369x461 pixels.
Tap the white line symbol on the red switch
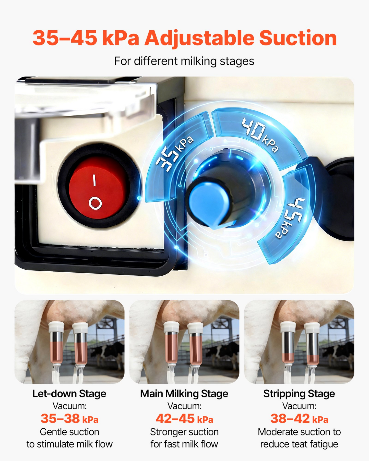pyautogui.click(x=94, y=180)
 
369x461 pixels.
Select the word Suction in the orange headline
pyautogui.click(x=298, y=38)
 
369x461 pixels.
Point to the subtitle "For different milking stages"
pyautogui.click(x=184, y=61)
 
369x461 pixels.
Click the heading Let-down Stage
pyautogui.click(x=69, y=394)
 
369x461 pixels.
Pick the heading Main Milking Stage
pyautogui.click(x=184, y=394)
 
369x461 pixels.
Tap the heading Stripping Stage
pyautogui.click(x=299, y=394)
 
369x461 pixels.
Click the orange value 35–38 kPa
pyautogui.click(x=69, y=419)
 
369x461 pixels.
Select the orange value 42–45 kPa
pyautogui.click(x=184, y=419)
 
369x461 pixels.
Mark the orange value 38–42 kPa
pyautogui.click(x=299, y=419)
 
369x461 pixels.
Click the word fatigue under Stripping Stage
pyautogui.click(x=324, y=444)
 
